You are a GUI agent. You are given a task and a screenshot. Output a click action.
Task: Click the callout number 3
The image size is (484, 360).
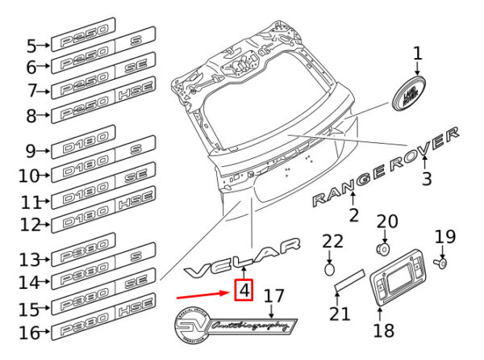(x=428, y=177)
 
